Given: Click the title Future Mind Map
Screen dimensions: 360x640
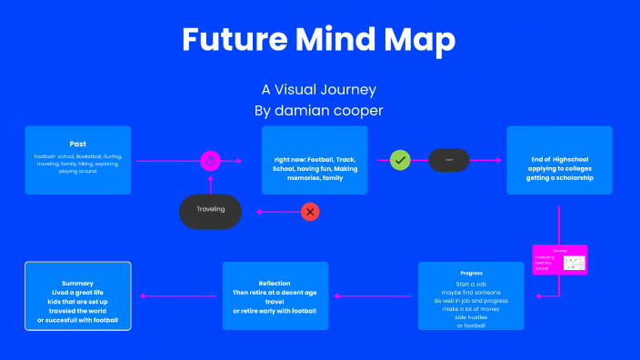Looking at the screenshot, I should tap(318, 39).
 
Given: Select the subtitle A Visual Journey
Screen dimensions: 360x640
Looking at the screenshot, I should tap(318, 90).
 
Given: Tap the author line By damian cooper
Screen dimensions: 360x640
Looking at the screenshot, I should tap(318, 110).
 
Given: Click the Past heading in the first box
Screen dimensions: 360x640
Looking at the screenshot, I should tap(78, 144).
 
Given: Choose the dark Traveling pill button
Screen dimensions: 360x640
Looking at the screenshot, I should tap(211, 210).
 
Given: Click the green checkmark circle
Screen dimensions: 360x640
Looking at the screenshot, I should tap(400, 160).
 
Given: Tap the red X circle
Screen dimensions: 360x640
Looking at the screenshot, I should tap(311, 211).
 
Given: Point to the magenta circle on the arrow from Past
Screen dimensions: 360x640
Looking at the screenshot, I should tap(211, 161).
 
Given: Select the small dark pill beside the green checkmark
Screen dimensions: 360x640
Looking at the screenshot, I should tap(448, 160).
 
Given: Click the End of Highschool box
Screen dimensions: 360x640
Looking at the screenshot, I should tap(559, 159).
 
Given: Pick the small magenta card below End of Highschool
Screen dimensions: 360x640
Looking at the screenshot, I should tap(560, 260).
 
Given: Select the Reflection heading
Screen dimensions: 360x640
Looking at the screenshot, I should tap(275, 283).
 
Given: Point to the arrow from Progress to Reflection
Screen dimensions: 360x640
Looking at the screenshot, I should tap(375, 295).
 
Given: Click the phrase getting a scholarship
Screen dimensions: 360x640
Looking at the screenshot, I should tap(560, 178).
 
